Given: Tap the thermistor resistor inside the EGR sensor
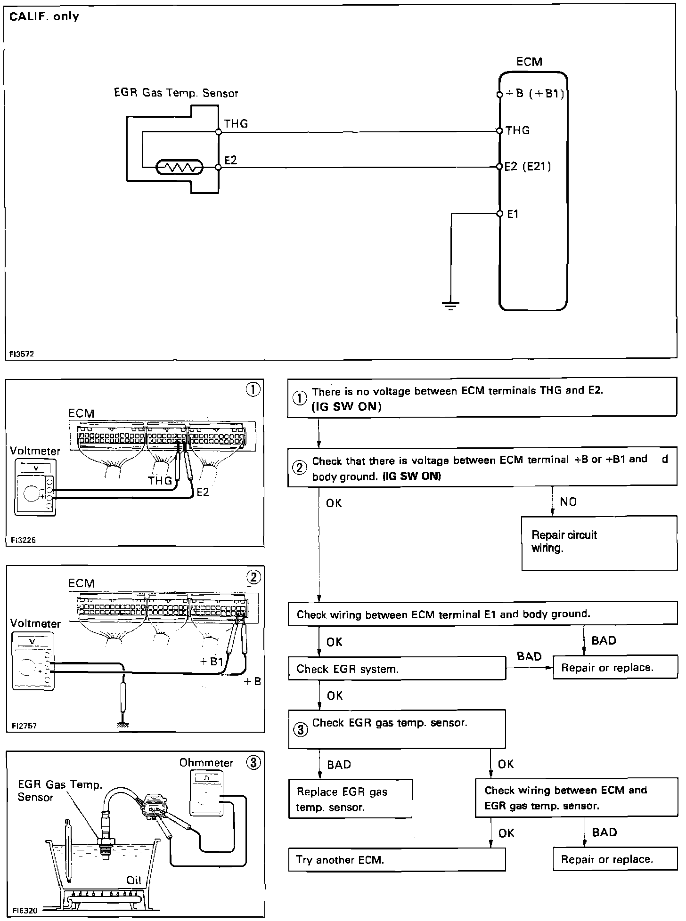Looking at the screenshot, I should pyautogui.click(x=180, y=167).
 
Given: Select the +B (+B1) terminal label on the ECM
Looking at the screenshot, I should pyautogui.click(x=535, y=94).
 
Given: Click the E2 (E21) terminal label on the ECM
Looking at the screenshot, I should pyautogui.click(x=527, y=167).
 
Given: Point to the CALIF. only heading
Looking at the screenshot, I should pyautogui.click(x=44, y=17).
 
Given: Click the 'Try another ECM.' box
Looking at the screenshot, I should pyautogui.click(x=396, y=859).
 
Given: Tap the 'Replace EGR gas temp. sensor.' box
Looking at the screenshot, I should pyautogui.click(x=350, y=799).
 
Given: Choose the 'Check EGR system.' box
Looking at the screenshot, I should pyautogui.click(x=396, y=669).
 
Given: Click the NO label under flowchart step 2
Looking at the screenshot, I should pyautogui.click(x=568, y=502).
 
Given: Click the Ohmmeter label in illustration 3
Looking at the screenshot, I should pyautogui.click(x=206, y=763).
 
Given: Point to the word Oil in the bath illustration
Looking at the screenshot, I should pyautogui.click(x=134, y=880).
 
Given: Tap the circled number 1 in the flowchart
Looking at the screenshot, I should pyautogui.click(x=300, y=398).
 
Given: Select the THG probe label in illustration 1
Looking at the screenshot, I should pyautogui.click(x=160, y=481).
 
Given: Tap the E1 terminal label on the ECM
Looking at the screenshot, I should pyautogui.click(x=513, y=214).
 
